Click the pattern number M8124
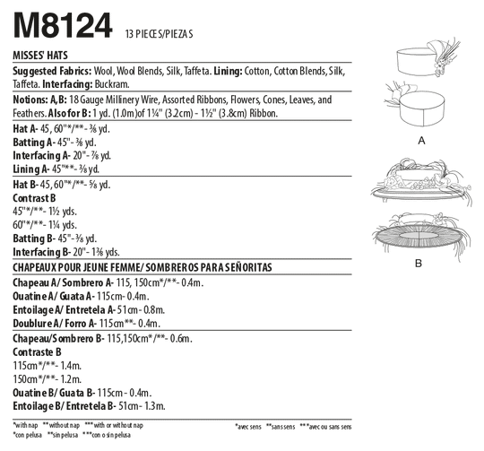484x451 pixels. (x=63, y=25)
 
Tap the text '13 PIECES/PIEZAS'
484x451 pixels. (x=160, y=34)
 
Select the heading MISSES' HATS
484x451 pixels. (x=40, y=56)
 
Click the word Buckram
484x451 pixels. (x=112, y=84)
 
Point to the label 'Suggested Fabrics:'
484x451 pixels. (x=52, y=72)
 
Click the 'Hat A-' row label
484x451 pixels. (x=25, y=129)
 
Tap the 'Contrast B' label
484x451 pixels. (x=34, y=198)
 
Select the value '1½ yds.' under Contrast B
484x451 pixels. (x=63, y=212)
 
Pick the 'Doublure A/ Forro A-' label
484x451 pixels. (x=55, y=324)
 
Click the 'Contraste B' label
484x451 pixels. (x=37, y=352)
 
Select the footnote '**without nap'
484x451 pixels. (x=62, y=425)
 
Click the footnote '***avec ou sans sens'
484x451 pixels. (x=325, y=427)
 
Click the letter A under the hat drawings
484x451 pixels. (x=421, y=141)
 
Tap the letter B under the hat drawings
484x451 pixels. (x=419, y=264)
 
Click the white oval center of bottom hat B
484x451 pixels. (x=419, y=236)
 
